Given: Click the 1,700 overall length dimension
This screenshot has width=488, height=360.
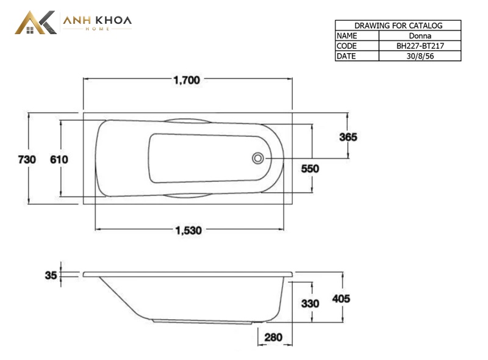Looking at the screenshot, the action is (x=187, y=81).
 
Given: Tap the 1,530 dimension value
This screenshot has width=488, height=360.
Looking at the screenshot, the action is (x=188, y=231).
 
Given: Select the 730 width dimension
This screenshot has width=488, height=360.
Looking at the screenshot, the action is (x=27, y=159).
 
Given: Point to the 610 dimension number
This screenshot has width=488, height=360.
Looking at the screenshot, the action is (x=59, y=159).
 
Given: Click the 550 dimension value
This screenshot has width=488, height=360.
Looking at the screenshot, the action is (x=310, y=169).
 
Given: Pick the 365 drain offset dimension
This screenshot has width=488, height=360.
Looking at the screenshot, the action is (x=348, y=137).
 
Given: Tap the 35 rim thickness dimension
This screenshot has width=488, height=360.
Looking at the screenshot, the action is (x=51, y=275).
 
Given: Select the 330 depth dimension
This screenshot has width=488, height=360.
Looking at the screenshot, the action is (x=310, y=304).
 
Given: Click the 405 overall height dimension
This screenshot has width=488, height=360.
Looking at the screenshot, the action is (x=341, y=299).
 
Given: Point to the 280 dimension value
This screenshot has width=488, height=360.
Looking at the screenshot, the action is (x=273, y=337).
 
